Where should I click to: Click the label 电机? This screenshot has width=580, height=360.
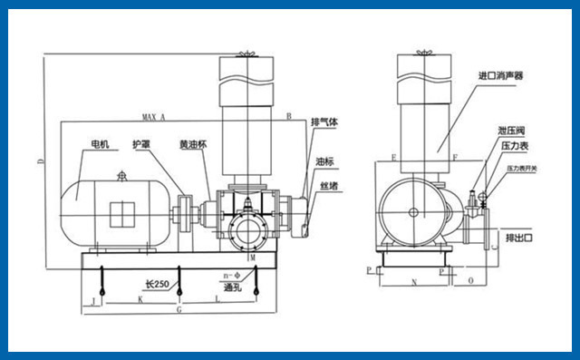[x=98, y=144]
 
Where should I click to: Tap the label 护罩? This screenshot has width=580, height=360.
[x=140, y=144]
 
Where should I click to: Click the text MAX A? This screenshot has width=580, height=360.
[x=154, y=117]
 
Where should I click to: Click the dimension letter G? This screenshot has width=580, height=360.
[x=179, y=310]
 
